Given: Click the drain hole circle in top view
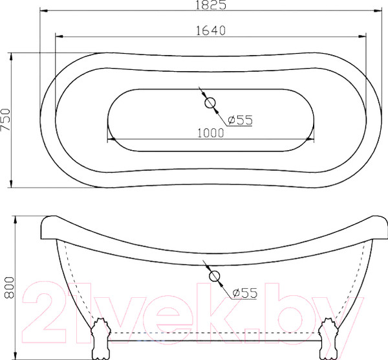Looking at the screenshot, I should point(210,102).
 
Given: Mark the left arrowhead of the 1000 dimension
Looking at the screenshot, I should point(110,138).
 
